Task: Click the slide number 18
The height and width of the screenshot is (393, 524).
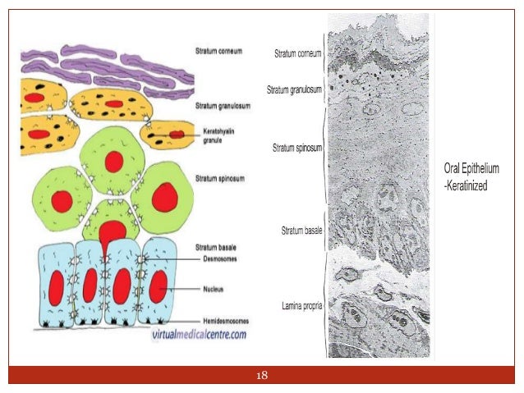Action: tap(262, 376)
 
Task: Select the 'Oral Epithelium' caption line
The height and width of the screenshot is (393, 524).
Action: tap(471, 169)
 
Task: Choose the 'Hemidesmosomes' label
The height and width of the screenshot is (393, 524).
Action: tap(223, 321)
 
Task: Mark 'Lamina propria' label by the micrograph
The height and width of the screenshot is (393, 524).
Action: tap(299, 305)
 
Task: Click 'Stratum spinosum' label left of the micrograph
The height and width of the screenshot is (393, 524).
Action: tap(296, 149)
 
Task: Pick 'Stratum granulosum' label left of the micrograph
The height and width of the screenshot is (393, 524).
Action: tap(294, 89)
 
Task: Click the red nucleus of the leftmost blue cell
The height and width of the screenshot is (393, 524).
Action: tap(57, 286)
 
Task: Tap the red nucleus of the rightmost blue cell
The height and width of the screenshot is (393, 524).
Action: tap(158, 286)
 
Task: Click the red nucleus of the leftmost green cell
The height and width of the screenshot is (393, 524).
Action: tap(62, 199)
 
